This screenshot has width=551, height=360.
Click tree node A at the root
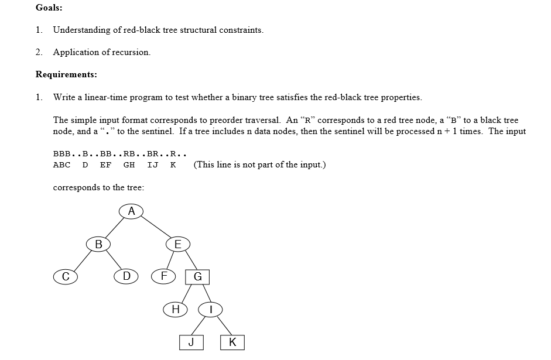coord(131,211)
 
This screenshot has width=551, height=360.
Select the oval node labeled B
coord(98,244)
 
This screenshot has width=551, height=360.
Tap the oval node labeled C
coord(66,276)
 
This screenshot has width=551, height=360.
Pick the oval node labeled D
coord(126,276)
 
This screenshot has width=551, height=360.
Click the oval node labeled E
coord(178,244)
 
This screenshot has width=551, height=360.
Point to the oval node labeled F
coord(164,276)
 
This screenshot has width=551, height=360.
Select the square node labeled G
coord(197,277)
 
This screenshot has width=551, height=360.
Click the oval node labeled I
coord(211,310)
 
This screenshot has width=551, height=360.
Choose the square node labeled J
coord(191,342)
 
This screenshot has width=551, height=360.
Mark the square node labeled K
coord(232,342)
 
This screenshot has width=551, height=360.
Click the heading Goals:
coord(49,8)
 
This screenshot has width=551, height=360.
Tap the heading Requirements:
coord(66,74)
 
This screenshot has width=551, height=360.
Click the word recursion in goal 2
coord(132,52)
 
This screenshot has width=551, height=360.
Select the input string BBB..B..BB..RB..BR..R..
coord(119,154)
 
